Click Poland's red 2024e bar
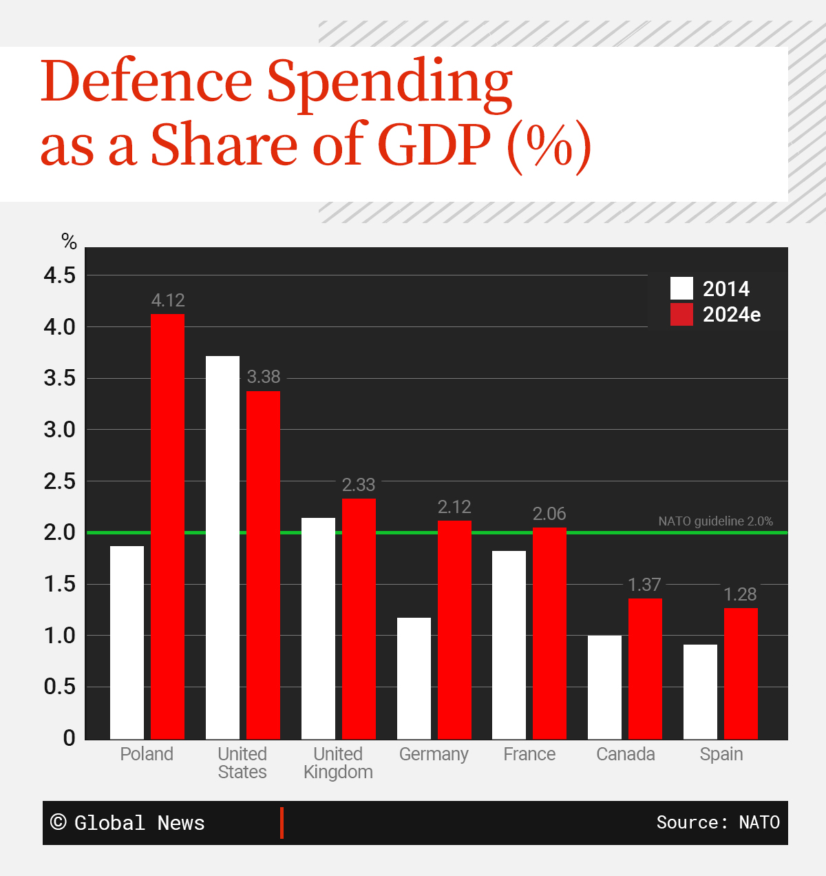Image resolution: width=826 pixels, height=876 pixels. click(x=167, y=526)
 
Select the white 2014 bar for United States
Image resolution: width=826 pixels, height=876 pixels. click(x=222, y=547)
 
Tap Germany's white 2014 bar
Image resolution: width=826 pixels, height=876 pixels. click(x=414, y=678)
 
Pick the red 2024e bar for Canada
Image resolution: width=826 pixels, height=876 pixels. click(x=645, y=669)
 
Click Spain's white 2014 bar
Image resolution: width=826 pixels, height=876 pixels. click(x=700, y=691)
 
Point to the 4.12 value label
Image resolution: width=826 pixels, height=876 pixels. click(x=168, y=300)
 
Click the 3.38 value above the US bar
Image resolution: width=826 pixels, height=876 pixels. click(x=264, y=377)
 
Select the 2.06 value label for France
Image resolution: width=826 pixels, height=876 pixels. click(x=549, y=514)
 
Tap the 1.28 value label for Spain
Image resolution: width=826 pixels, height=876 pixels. click(x=740, y=594)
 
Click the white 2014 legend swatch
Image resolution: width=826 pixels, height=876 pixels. click(x=681, y=288)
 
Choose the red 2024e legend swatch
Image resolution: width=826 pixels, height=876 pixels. click(x=681, y=314)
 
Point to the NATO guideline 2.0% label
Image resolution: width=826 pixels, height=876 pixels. click(x=715, y=521)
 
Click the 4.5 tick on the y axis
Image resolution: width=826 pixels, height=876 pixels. click(x=60, y=275)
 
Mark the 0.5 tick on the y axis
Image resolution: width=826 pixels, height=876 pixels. click(x=60, y=687)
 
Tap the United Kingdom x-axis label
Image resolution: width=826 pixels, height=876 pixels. click(x=338, y=763)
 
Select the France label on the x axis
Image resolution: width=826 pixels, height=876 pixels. click(x=529, y=754)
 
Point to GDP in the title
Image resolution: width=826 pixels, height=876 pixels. click(x=434, y=145)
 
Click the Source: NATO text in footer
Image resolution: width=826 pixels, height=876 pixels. click(x=718, y=822)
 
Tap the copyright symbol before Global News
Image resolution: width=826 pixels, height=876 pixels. click(x=59, y=822)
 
